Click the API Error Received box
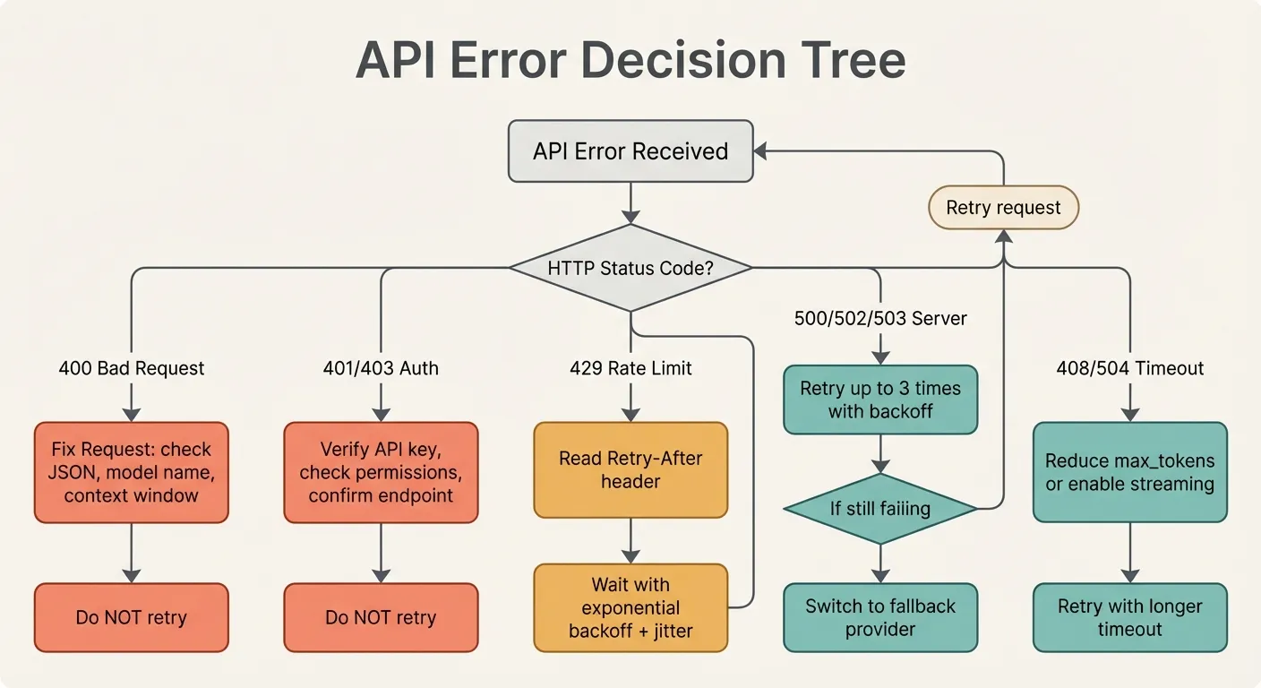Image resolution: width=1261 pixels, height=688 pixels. click(x=630, y=151)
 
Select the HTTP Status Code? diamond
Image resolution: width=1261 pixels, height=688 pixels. click(x=630, y=268)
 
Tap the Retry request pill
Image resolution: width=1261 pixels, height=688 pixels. click(x=1003, y=208)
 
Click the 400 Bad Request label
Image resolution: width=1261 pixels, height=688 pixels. click(x=132, y=368)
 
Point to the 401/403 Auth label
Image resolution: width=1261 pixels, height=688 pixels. click(x=381, y=368)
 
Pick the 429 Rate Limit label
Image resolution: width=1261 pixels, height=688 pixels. click(x=630, y=368)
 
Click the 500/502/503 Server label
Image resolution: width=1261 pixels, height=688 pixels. click(x=880, y=318)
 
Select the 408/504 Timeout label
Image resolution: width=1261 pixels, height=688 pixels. click(x=1129, y=368)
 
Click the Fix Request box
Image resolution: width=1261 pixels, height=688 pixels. click(x=132, y=471)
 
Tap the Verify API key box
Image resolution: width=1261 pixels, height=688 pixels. click(x=381, y=471)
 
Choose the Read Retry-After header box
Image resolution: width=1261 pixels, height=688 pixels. click(x=630, y=469)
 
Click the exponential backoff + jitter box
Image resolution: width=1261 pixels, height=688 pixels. click(x=630, y=607)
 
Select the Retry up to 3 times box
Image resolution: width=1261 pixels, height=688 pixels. click(x=880, y=400)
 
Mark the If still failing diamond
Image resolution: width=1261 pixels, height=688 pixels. click(x=880, y=509)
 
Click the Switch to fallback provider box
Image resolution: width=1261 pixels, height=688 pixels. click(x=880, y=617)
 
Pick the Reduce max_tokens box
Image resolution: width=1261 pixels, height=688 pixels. click(x=1129, y=472)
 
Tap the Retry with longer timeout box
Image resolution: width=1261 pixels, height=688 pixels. click(x=1129, y=617)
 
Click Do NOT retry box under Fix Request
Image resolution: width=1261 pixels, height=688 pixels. click(x=132, y=617)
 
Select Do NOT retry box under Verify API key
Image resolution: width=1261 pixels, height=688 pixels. click(x=381, y=617)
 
